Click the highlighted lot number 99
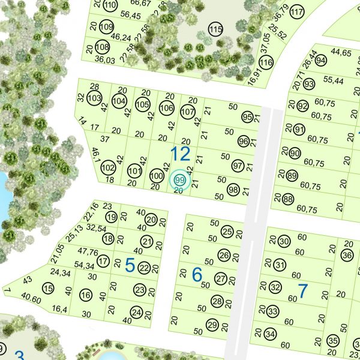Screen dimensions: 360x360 179,179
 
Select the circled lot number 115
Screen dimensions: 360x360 215,29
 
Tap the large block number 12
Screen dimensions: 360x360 180,154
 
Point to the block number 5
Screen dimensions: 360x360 129,265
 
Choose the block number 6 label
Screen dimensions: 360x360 197,275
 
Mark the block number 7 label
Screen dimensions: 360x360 302,291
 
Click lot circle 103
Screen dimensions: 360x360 94,98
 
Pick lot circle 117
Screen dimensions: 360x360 296,13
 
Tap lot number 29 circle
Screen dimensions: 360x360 212,325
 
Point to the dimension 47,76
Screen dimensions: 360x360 88,252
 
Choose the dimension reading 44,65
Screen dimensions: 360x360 341,53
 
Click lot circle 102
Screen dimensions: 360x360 108,167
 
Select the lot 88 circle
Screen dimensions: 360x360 288,199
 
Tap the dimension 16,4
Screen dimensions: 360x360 59,309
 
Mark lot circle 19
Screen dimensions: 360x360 111,217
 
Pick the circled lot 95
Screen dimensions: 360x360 247,116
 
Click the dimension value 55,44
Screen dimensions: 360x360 333,80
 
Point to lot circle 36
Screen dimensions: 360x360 347,256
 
